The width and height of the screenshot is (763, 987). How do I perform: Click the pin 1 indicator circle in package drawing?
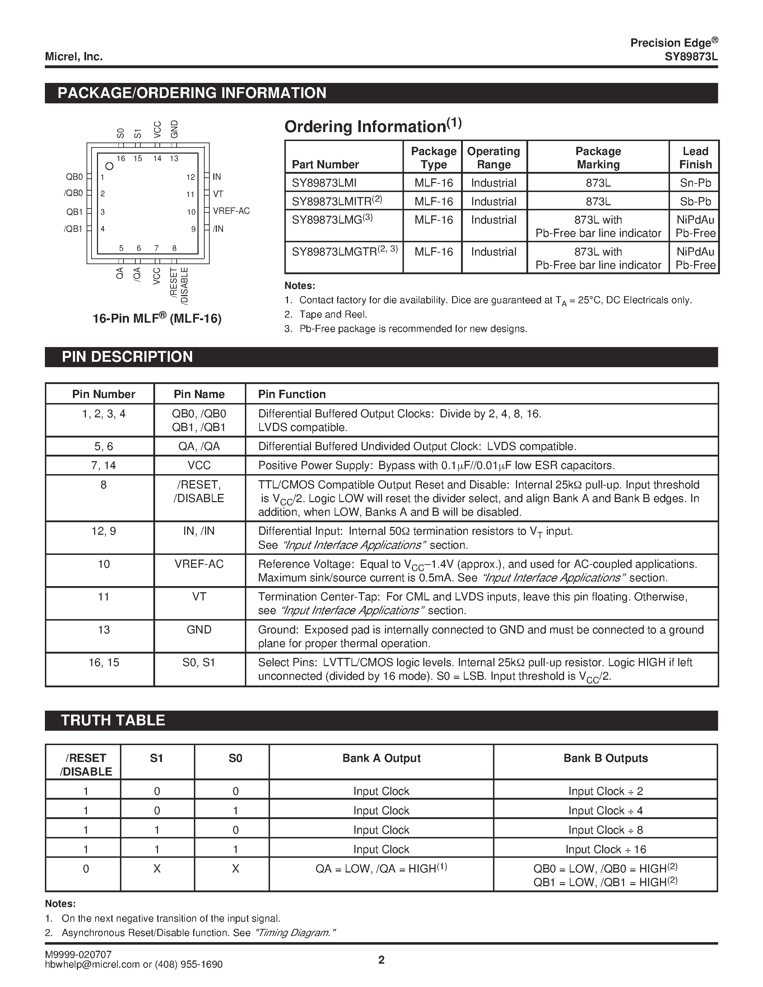point(109,166)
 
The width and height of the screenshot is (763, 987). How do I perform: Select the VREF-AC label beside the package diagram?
point(231,211)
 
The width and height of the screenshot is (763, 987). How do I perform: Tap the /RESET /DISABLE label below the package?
point(179,286)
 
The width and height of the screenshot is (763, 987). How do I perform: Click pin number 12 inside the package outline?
point(190,177)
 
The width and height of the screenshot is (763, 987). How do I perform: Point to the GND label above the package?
point(175,129)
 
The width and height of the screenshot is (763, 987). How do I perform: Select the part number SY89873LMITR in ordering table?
point(336,201)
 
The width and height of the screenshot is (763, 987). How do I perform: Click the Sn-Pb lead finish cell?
point(695,183)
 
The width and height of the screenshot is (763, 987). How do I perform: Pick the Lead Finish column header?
point(695,158)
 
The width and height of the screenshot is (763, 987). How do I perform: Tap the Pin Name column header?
point(199,394)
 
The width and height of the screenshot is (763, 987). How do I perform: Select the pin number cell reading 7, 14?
point(103,466)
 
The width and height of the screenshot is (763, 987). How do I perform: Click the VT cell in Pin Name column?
point(199,597)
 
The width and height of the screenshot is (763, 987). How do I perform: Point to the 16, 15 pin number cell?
point(103,663)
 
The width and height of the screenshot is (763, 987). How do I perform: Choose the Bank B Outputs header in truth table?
point(605,758)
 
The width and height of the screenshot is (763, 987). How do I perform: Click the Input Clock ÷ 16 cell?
point(605,849)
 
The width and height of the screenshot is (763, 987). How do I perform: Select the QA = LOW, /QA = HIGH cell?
point(381,869)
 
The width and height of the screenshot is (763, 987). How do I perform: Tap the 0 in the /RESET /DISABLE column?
point(86,869)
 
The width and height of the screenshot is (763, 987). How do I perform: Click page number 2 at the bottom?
point(381,960)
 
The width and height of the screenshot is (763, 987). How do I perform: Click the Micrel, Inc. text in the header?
point(74,56)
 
